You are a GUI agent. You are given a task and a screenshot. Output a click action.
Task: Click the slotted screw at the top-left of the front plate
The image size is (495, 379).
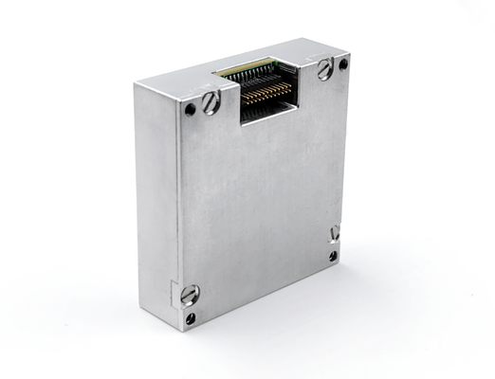[x=211, y=101]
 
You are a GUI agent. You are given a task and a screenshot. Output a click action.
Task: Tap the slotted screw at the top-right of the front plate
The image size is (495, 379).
[x=325, y=68]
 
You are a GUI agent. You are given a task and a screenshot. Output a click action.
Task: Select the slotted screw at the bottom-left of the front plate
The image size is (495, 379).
[x=190, y=294]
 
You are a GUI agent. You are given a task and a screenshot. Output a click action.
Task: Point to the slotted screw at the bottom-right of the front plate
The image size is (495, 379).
[x=335, y=233]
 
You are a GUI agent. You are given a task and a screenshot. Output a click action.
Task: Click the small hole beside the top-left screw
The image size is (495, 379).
[x=190, y=109]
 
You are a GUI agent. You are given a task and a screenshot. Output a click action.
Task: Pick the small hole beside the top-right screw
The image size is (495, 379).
[x=342, y=64]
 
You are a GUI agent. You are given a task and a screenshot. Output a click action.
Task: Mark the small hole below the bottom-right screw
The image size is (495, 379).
[x=333, y=256]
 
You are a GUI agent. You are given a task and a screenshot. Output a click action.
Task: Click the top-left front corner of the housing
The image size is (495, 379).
[x=137, y=85]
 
